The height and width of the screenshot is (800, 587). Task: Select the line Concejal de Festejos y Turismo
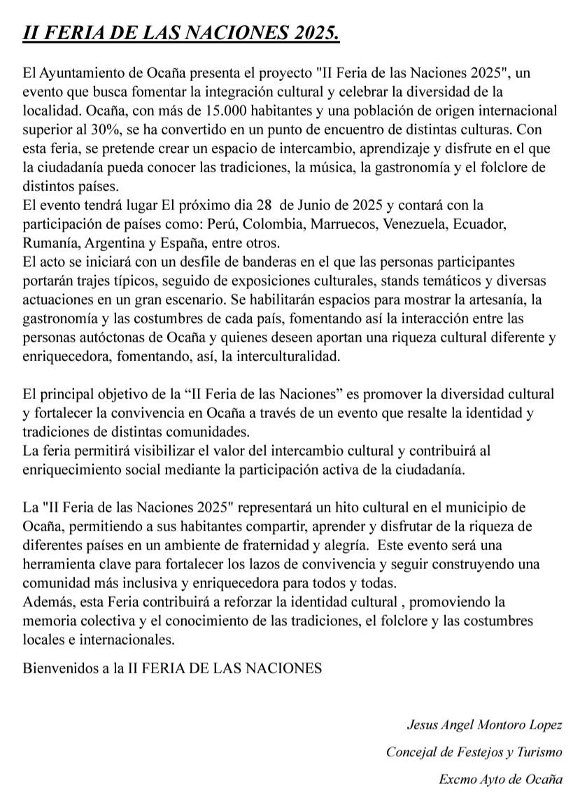[474, 752]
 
